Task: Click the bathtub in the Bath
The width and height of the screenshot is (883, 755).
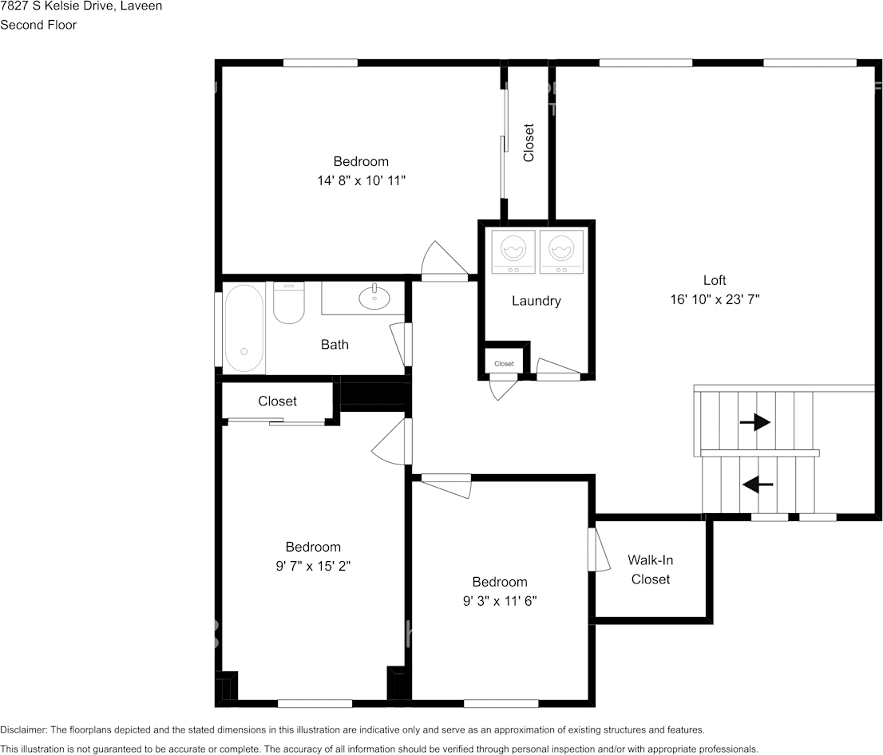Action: (244, 328)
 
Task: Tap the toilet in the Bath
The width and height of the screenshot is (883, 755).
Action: (289, 303)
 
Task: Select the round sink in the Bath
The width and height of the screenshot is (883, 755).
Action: (374, 298)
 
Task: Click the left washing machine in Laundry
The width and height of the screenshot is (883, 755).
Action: (513, 251)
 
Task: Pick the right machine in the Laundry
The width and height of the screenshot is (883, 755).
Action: (561, 251)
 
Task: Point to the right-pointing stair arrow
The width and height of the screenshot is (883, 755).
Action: (754, 421)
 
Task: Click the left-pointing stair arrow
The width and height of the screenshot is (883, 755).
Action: (758, 484)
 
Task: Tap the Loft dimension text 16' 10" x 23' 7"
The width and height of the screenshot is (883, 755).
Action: (715, 299)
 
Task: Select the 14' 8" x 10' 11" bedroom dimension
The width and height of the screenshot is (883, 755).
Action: (361, 180)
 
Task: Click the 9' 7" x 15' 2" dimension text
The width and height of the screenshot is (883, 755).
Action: (313, 566)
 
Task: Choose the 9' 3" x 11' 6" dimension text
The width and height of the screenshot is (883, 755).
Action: (500, 601)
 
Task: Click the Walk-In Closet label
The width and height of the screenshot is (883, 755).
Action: (651, 570)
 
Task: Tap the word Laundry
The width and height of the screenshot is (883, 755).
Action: (537, 301)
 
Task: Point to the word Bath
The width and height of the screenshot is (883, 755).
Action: (335, 345)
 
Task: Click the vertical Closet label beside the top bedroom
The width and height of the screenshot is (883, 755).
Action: (529, 143)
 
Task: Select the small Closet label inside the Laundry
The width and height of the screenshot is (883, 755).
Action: (504, 364)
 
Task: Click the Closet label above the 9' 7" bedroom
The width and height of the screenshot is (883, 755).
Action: (277, 401)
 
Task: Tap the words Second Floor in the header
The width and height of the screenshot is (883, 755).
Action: (38, 25)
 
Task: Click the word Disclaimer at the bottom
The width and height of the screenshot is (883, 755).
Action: (24, 729)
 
